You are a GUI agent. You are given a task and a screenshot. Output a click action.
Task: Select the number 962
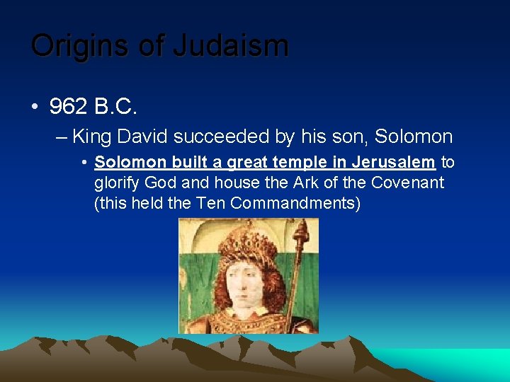pos(68,108)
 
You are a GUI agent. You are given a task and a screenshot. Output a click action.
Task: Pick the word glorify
pos(117,183)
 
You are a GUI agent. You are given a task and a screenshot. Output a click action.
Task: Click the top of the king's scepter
pos(302,230)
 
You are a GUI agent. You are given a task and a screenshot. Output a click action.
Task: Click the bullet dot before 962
pos(35,108)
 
